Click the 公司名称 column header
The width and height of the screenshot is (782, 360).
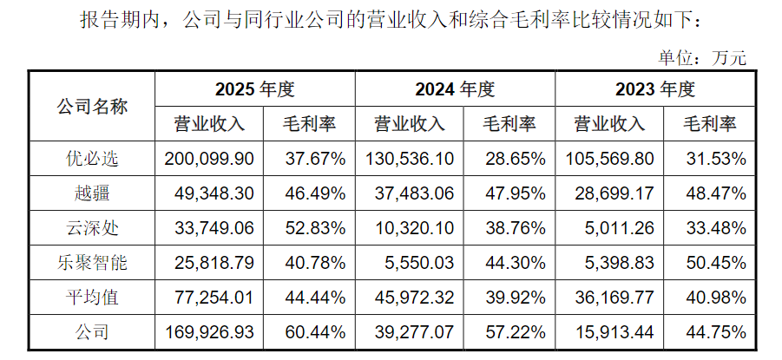92,106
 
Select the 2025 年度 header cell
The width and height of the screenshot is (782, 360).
255,89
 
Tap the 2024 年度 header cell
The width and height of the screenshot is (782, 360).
455,89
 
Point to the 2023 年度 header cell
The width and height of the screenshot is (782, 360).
654,89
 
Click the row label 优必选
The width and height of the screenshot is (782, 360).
92,159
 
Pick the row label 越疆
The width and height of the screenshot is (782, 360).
92,193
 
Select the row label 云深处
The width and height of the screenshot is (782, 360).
92,228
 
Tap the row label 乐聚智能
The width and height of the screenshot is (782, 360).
92,263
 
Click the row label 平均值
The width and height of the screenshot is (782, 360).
92,298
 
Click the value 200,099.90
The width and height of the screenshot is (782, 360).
209,159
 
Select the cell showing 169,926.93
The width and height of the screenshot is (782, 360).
209,332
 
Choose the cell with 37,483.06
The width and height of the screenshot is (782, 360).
415,193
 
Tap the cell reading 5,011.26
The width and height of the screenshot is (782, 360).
619,228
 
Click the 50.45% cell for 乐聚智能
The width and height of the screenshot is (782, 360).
716,263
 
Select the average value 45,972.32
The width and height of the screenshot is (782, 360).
415,298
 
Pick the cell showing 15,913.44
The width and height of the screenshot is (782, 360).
614,332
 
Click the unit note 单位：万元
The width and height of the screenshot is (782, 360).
702,58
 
